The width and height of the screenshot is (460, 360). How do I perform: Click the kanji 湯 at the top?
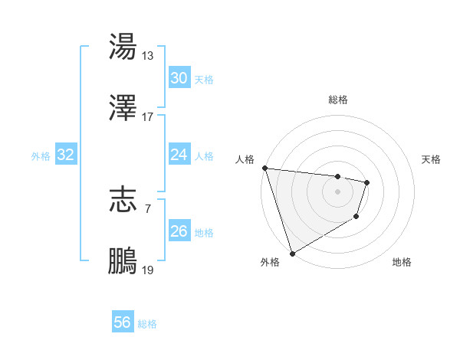tap(123, 47)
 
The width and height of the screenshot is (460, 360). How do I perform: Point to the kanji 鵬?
tap(123, 260)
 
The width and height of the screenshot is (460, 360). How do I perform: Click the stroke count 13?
tap(148, 56)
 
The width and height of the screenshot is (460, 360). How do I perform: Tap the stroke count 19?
tap(148, 270)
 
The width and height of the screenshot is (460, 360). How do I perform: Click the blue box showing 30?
tap(179, 78)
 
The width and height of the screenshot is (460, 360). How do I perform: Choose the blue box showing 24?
tap(179, 155)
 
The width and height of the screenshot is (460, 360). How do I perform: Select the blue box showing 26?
tap(179, 231)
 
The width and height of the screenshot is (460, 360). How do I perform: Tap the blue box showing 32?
tap(66, 155)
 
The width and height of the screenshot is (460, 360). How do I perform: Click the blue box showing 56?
tap(122, 322)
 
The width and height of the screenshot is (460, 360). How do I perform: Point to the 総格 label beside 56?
tap(147, 324)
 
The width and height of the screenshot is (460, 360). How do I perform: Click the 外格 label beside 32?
tap(41, 156)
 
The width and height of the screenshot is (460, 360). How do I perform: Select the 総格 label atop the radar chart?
tap(338, 100)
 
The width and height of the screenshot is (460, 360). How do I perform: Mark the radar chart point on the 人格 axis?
tap(264, 168)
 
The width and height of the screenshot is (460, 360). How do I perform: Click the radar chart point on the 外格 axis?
tap(292, 253)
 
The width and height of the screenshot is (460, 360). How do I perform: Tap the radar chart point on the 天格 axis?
tap(367, 182)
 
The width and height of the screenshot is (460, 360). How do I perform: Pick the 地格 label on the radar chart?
tap(402, 262)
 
